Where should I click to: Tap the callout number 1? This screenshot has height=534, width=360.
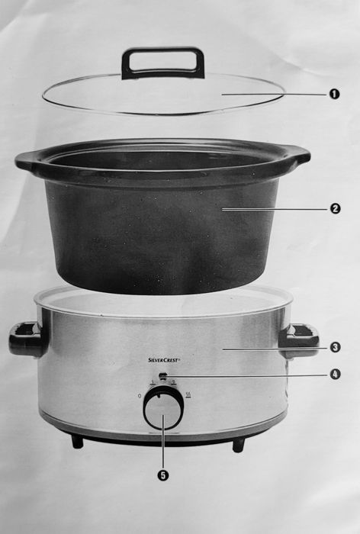[334, 94]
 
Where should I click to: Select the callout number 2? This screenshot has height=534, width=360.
[335, 207]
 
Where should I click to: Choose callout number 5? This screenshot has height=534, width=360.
[162, 474]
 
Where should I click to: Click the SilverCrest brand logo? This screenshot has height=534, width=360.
[164, 359]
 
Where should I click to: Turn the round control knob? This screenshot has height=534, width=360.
[163, 410]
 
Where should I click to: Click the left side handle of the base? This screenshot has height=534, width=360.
[26, 339]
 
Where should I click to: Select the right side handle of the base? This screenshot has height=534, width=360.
[299, 339]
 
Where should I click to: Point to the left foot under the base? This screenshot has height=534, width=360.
[77, 441]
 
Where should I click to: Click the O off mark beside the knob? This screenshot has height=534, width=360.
[139, 395]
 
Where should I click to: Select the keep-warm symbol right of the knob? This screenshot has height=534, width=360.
[188, 394]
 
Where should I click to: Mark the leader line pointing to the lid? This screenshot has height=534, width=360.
[275, 94]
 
